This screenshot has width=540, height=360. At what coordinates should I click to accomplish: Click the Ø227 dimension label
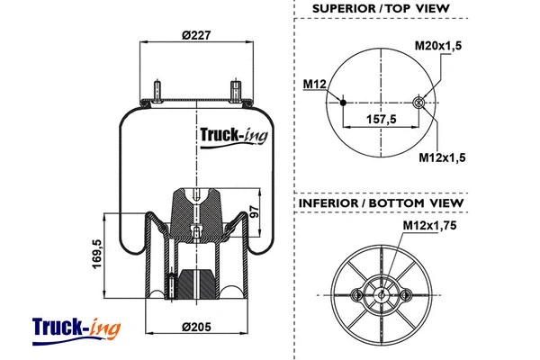[x=196, y=36]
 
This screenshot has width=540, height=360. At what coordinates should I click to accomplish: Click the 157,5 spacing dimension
[x=382, y=117]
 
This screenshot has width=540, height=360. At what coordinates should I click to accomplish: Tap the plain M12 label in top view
[x=313, y=84]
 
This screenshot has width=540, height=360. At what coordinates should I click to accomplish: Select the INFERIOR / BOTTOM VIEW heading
[x=382, y=203]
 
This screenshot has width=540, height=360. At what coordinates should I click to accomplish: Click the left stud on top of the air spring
[x=157, y=92]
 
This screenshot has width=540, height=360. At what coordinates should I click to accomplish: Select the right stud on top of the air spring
[x=236, y=92]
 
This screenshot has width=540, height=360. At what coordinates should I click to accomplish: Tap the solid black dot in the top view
[x=343, y=103]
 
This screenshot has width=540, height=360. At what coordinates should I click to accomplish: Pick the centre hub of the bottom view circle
[x=382, y=293]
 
